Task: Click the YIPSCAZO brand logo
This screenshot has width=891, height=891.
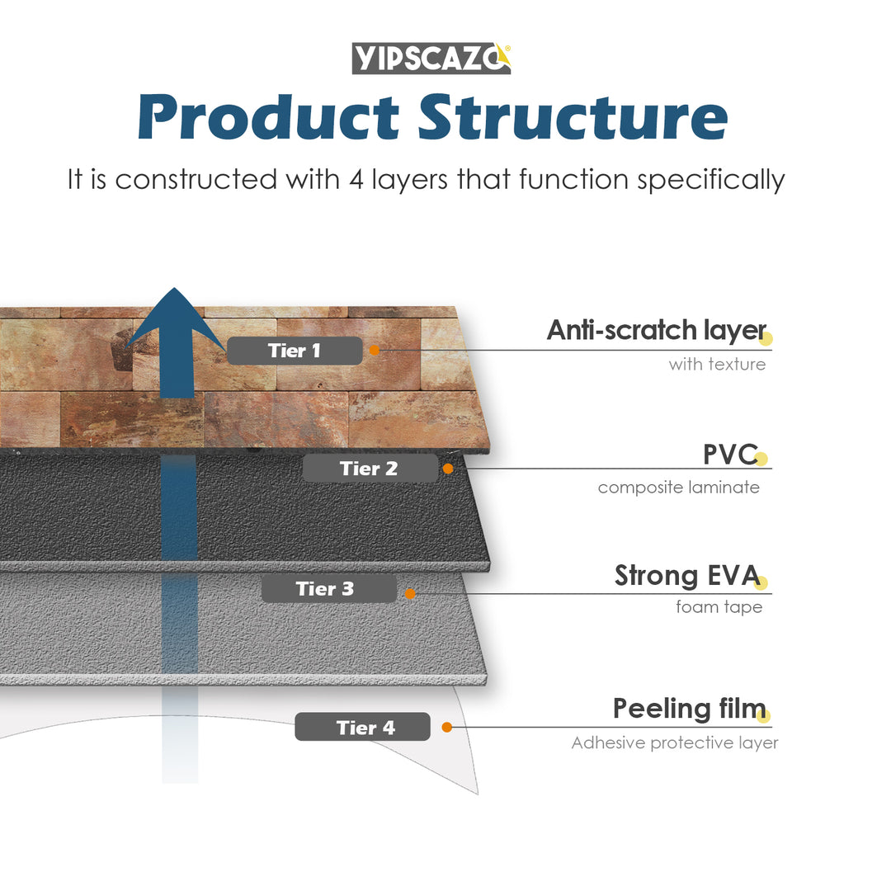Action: coord(431,59)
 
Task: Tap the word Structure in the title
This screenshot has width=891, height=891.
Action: coord(573,117)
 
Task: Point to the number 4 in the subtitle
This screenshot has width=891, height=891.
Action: coord(356,179)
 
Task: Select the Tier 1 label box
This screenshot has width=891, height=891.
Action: coord(295,351)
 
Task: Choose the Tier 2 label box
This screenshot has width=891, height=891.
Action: coord(370,469)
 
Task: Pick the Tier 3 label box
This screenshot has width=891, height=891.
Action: coord(328,589)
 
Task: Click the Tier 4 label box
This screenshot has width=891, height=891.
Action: coord(362,727)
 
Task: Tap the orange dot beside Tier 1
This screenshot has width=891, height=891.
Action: coord(374,350)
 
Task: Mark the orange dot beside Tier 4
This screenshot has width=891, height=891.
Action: coord(446,727)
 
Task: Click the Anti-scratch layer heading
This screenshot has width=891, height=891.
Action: coord(656,330)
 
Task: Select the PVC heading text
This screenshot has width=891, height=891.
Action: coord(729,454)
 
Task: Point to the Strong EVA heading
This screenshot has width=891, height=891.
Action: coord(686,576)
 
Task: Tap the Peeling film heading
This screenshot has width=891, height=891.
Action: coord(689,709)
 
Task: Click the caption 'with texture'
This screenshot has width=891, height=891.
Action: coord(717,364)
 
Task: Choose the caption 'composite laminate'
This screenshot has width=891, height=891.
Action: coord(678,488)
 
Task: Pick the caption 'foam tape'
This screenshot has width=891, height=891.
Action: coord(719,607)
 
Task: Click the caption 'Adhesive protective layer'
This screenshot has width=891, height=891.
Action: coord(674,743)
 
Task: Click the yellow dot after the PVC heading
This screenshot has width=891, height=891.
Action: coord(761,459)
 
